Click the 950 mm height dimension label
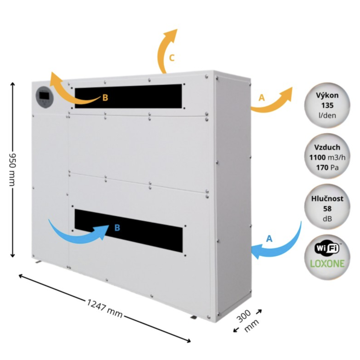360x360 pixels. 12,169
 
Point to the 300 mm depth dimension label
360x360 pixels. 247,321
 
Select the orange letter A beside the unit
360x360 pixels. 262,98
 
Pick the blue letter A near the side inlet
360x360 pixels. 269,239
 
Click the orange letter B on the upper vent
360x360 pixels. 105,98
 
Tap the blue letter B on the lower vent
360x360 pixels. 117,227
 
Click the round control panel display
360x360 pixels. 45,97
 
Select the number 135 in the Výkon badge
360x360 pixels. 327,105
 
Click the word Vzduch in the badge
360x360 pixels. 327,147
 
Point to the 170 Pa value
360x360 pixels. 327,168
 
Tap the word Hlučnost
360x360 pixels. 327,198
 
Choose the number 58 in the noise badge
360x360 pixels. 327,209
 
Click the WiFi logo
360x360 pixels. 327,248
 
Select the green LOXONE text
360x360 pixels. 327,263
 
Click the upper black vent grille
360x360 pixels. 128,96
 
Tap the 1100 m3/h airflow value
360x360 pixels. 327,157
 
